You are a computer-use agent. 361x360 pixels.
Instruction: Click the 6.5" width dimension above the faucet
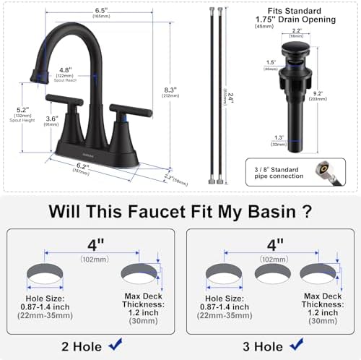click(102, 12)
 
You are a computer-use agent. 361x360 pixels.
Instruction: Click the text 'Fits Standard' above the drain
click(282, 12)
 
